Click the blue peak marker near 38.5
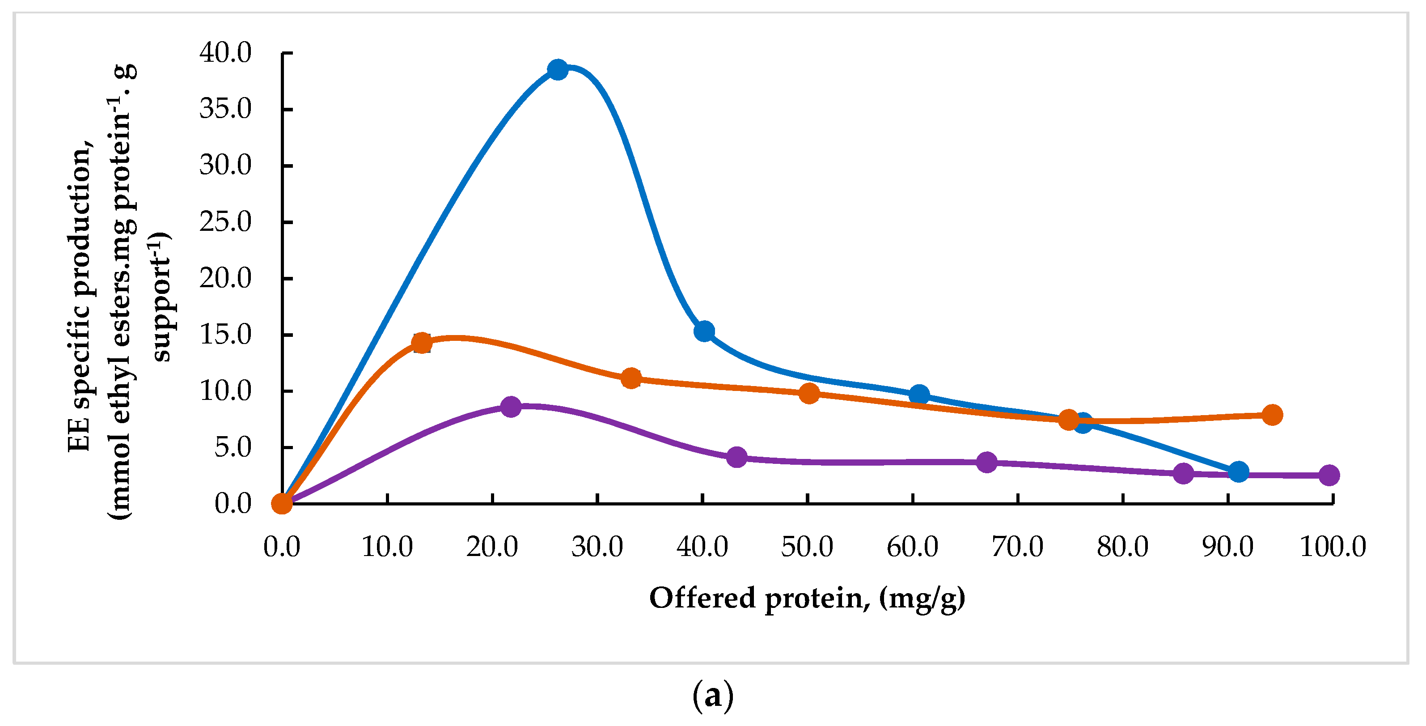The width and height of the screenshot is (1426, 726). [x=558, y=70]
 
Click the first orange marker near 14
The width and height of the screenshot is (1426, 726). [x=422, y=343]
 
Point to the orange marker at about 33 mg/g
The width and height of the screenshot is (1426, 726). [x=631, y=379]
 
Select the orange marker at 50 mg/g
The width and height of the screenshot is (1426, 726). [x=809, y=394]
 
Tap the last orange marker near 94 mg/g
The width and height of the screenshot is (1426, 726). [x=1272, y=415]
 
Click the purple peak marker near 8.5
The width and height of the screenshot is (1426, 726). [x=510, y=407]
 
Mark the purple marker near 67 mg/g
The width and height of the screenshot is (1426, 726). [x=987, y=462]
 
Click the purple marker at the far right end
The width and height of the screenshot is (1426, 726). [x=1329, y=475]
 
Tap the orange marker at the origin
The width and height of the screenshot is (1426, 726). [x=282, y=503]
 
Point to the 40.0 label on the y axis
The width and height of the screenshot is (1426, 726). [x=225, y=53]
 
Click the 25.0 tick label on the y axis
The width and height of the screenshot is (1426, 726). [x=225, y=222]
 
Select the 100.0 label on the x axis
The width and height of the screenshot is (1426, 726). [x=1333, y=547]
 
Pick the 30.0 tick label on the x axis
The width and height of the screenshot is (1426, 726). [x=597, y=547]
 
